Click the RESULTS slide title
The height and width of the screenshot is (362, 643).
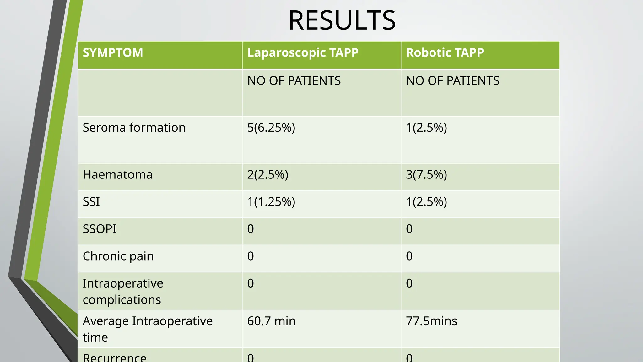[342, 20]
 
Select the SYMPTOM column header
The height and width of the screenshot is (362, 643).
[113, 52]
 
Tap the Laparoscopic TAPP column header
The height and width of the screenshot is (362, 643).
[303, 52]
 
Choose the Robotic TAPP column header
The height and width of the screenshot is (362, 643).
[445, 52]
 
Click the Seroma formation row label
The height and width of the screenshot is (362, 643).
[134, 128]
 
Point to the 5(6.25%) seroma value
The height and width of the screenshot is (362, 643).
[271, 128]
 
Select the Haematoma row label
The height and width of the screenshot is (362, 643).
[117, 174]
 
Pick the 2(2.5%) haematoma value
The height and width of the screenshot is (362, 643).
[267, 174]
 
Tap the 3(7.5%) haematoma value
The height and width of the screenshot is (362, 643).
[426, 174]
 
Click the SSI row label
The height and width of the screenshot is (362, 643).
[91, 202]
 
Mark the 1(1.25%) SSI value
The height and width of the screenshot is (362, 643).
[271, 202]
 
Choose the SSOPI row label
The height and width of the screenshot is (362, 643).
[99, 229]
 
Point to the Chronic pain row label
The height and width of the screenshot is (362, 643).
[118, 256]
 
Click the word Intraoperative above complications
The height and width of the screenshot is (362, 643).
[123, 283]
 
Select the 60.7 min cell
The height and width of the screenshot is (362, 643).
[271, 321]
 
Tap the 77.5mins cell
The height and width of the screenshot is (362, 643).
[431, 321]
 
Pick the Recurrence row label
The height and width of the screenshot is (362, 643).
[115, 358]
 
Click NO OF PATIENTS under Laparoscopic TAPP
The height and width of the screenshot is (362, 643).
[294, 81]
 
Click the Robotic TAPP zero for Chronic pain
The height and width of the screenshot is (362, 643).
[409, 256]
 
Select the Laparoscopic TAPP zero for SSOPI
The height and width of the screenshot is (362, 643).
[250, 229]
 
